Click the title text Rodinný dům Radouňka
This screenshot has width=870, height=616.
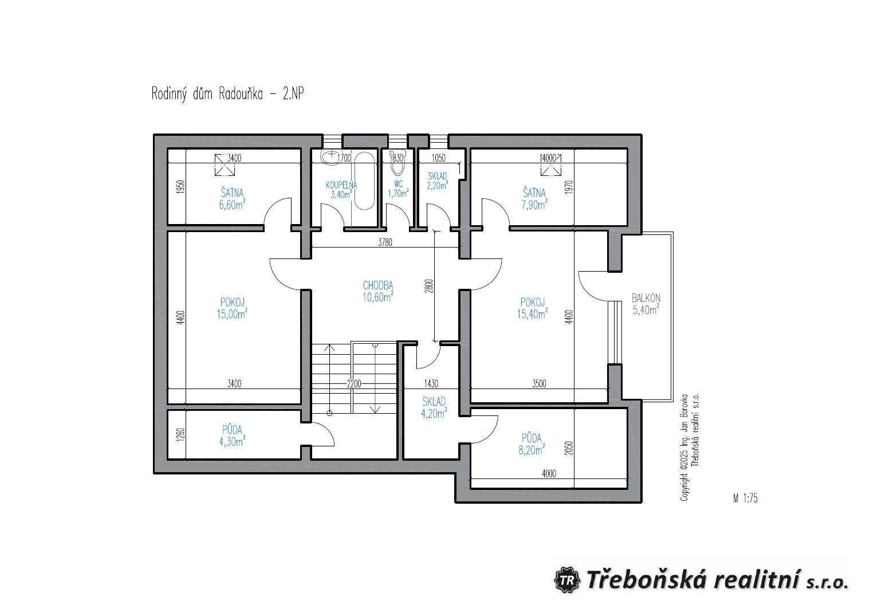(x=207, y=94)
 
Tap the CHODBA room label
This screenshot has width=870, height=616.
(x=377, y=285)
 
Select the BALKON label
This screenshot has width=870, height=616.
(x=646, y=298)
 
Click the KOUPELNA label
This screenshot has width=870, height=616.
(x=341, y=186)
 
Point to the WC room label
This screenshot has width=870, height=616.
(x=398, y=184)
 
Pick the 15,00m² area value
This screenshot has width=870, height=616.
(x=233, y=313)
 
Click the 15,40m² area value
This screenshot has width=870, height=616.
(x=533, y=313)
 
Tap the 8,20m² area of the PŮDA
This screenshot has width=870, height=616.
(x=532, y=450)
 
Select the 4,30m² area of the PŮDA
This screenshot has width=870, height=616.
(x=233, y=441)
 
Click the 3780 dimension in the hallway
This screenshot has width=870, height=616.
(x=385, y=242)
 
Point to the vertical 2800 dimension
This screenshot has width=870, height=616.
(x=429, y=286)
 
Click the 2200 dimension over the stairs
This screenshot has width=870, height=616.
(x=354, y=384)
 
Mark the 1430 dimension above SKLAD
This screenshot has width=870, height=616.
(x=431, y=384)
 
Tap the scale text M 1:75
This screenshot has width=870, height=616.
(x=745, y=498)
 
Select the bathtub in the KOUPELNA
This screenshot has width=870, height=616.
(x=364, y=181)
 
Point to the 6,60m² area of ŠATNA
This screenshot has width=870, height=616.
(x=233, y=205)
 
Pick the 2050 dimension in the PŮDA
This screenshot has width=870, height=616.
(x=569, y=448)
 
